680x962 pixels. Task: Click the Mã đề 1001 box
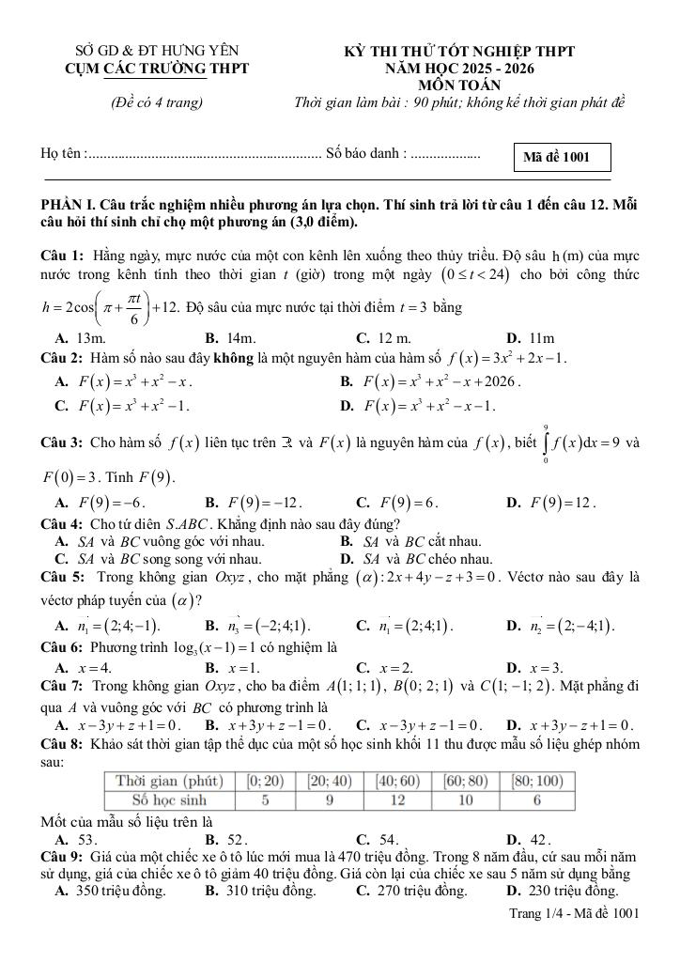click(564, 157)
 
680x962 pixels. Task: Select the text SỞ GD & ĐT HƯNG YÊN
click(157, 51)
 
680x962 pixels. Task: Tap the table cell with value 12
click(398, 799)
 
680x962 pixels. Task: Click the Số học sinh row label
click(168, 799)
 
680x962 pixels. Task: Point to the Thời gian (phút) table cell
click(168, 781)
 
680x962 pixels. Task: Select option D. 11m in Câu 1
click(531, 338)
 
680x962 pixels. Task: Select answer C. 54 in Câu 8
click(378, 839)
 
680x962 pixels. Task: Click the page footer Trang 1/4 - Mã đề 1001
click(574, 912)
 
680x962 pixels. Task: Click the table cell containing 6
click(537, 799)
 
